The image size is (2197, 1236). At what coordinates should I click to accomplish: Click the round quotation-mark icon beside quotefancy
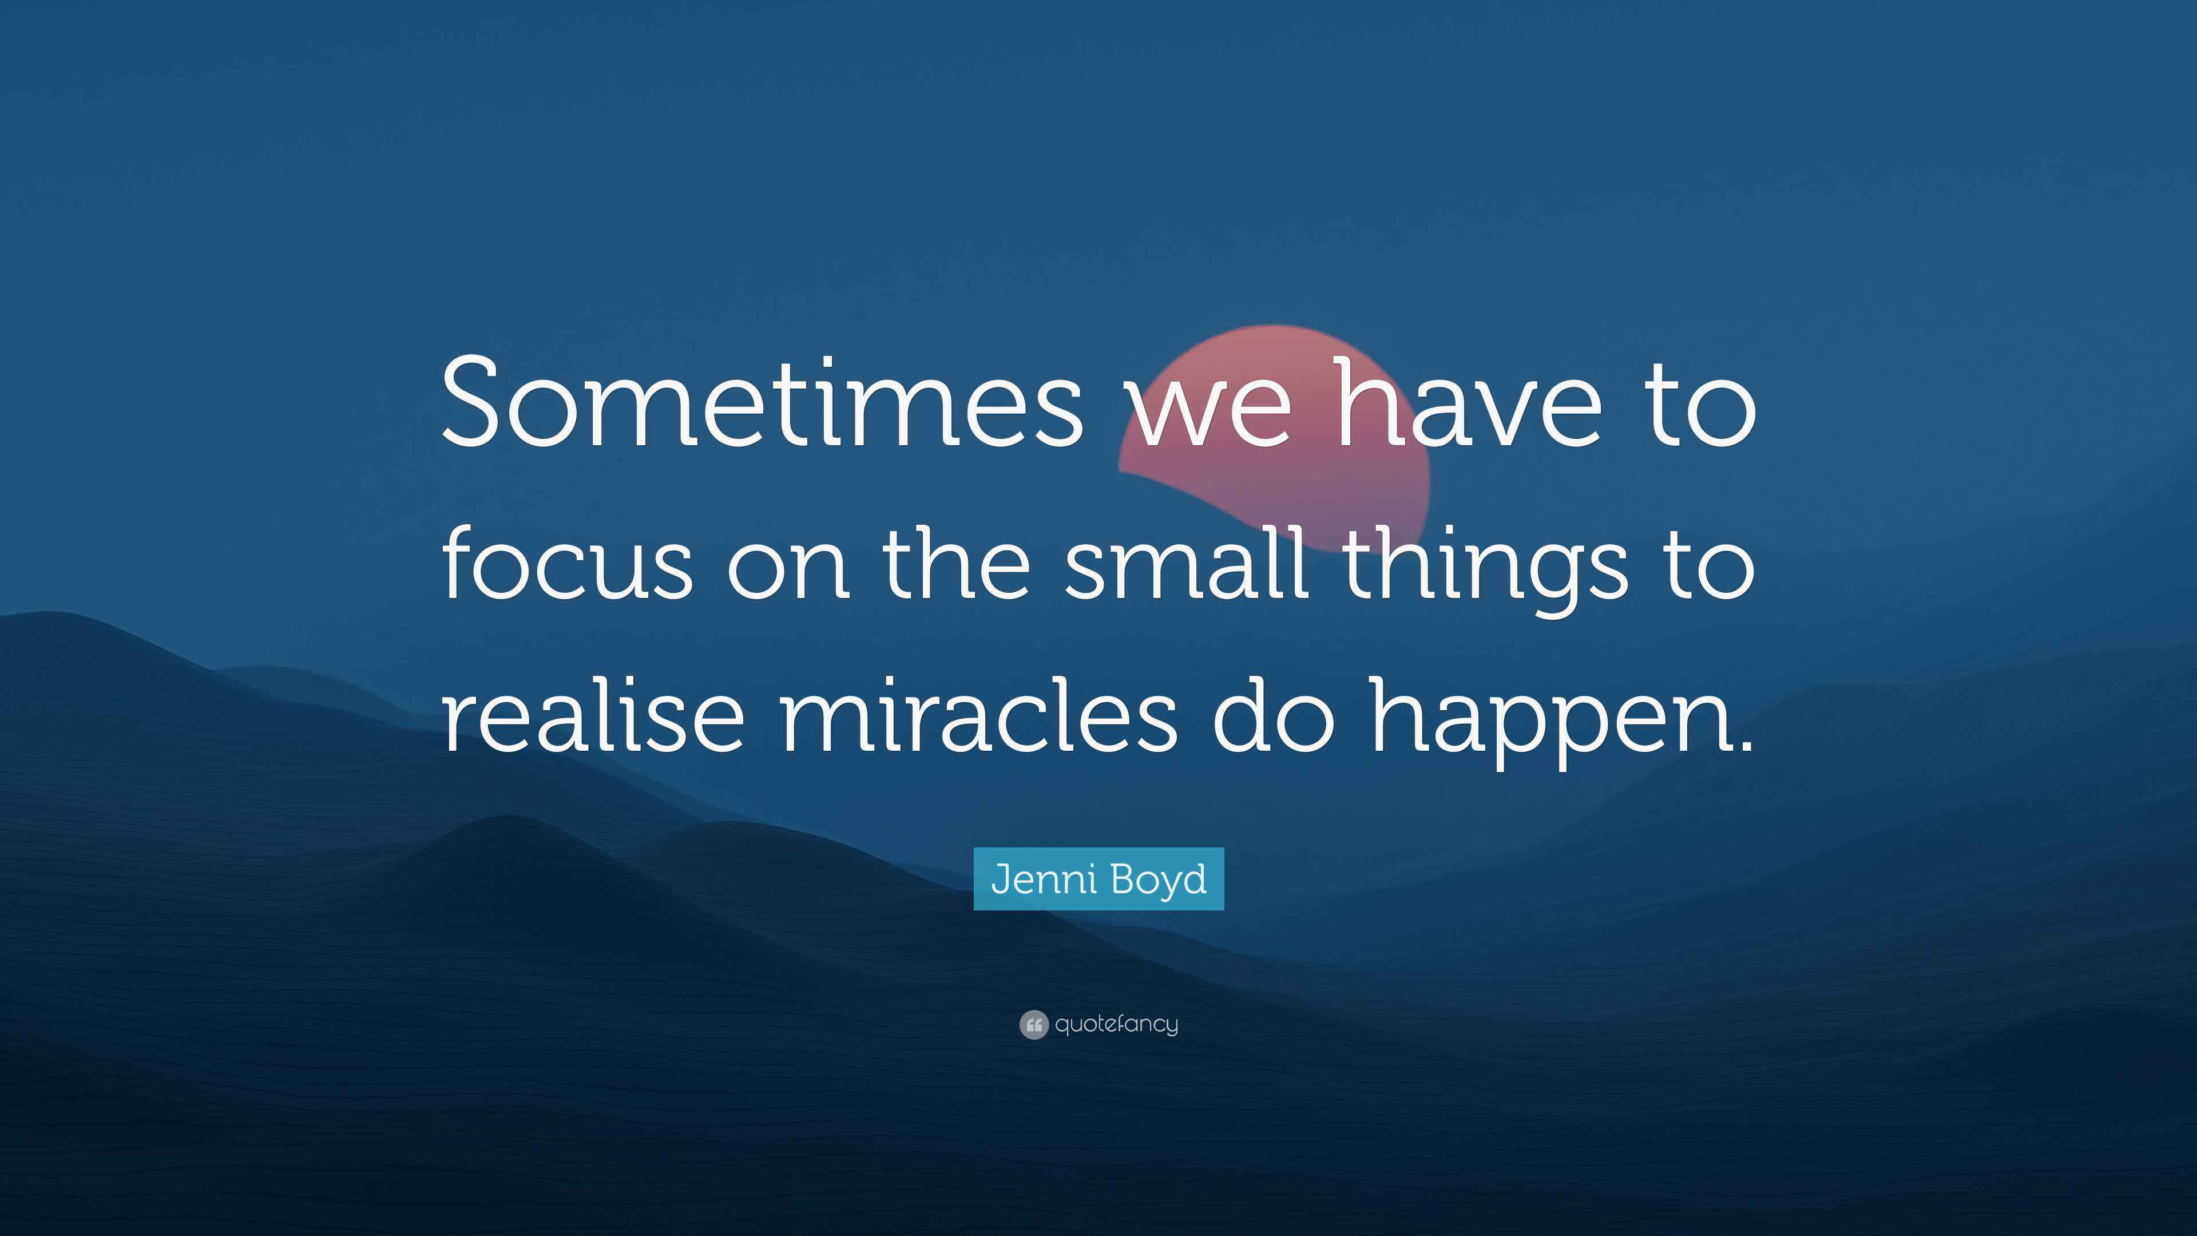point(1033,1024)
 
